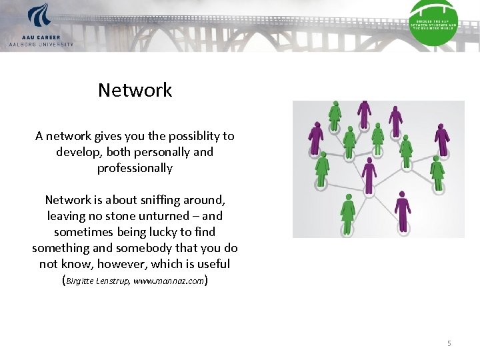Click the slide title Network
[135, 90]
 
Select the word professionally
[135, 168]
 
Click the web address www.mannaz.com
[169, 281]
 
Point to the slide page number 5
[449, 343]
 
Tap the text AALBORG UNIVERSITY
[41, 44]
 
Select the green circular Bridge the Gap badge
[433, 24]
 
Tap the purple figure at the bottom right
[402, 210]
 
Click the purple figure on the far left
[315, 137]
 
